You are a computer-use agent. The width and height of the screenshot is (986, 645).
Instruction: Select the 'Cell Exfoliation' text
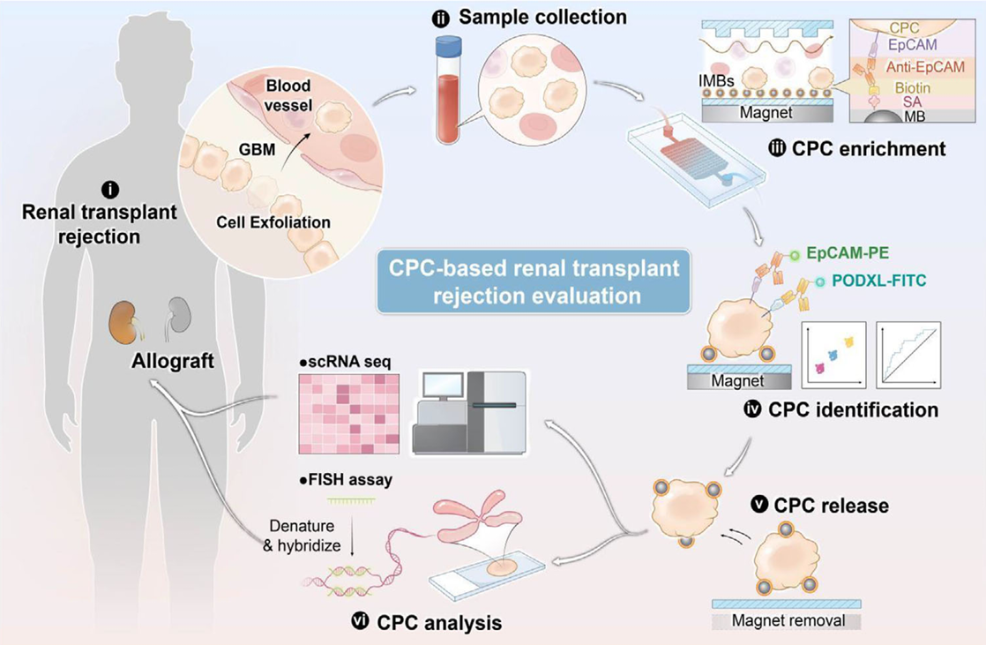[273, 221]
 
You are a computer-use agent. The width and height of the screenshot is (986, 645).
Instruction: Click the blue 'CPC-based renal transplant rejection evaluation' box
[534, 283]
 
